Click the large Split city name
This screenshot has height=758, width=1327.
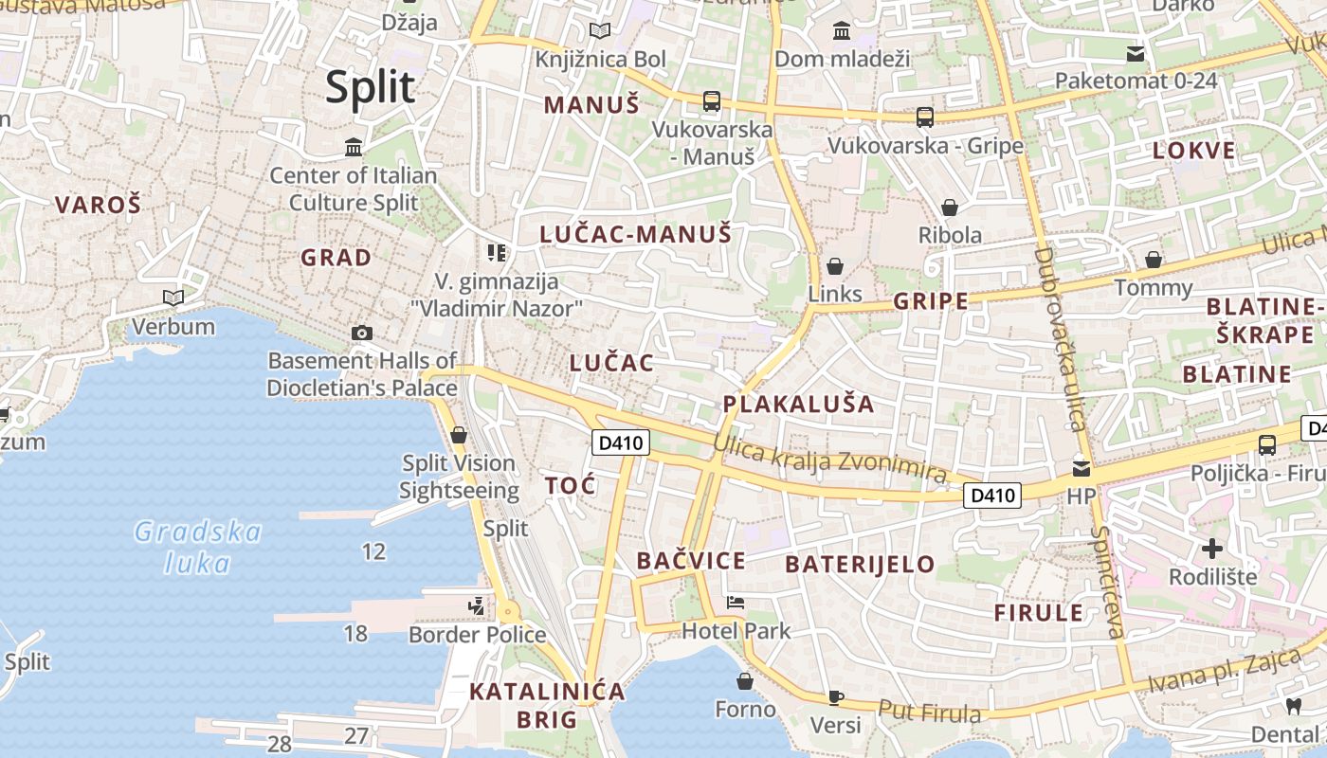[x=371, y=87]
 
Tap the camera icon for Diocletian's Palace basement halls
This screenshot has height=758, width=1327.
[x=361, y=333]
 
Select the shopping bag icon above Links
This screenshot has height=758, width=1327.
[x=835, y=266]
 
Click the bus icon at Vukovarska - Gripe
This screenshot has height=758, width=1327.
[x=925, y=117]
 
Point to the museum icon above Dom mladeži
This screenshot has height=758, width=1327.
[x=842, y=31]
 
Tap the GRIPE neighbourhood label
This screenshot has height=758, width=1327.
[x=932, y=301]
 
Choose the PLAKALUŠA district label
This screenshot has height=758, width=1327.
[x=798, y=404]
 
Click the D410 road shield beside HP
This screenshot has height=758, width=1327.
[x=992, y=495]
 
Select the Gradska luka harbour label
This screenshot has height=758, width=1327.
[x=197, y=547]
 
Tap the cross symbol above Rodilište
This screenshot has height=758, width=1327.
[x=1212, y=548]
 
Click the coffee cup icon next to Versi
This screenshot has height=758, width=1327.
[x=835, y=697]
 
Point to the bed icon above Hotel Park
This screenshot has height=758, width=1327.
[x=735, y=602]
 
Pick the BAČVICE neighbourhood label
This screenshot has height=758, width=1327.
[x=691, y=561]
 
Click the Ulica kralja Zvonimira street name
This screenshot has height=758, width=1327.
[x=830, y=459]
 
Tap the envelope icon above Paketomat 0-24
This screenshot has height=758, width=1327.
[x=1136, y=53]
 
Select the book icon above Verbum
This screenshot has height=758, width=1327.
[x=173, y=298]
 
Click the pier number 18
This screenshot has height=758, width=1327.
[x=355, y=633]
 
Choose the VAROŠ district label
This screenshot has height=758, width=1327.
[x=98, y=204]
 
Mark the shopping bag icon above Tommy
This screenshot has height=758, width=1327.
[x=1154, y=260]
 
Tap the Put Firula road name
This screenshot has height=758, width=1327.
[x=928, y=711]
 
